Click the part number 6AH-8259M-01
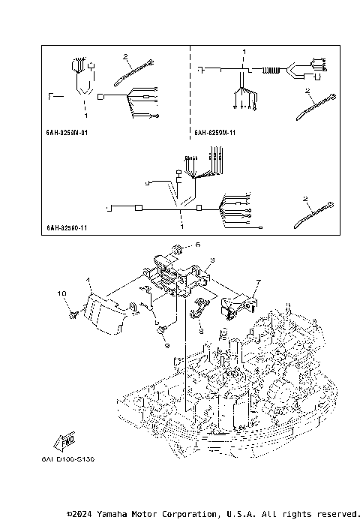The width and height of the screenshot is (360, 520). [67, 134]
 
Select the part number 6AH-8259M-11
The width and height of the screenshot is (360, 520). [215, 134]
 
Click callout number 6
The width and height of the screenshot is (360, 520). [198, 245]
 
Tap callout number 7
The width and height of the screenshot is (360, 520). [257, 282]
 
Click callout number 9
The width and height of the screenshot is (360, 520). [167, 346]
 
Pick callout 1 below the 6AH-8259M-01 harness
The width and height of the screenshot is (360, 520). [86, 116]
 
